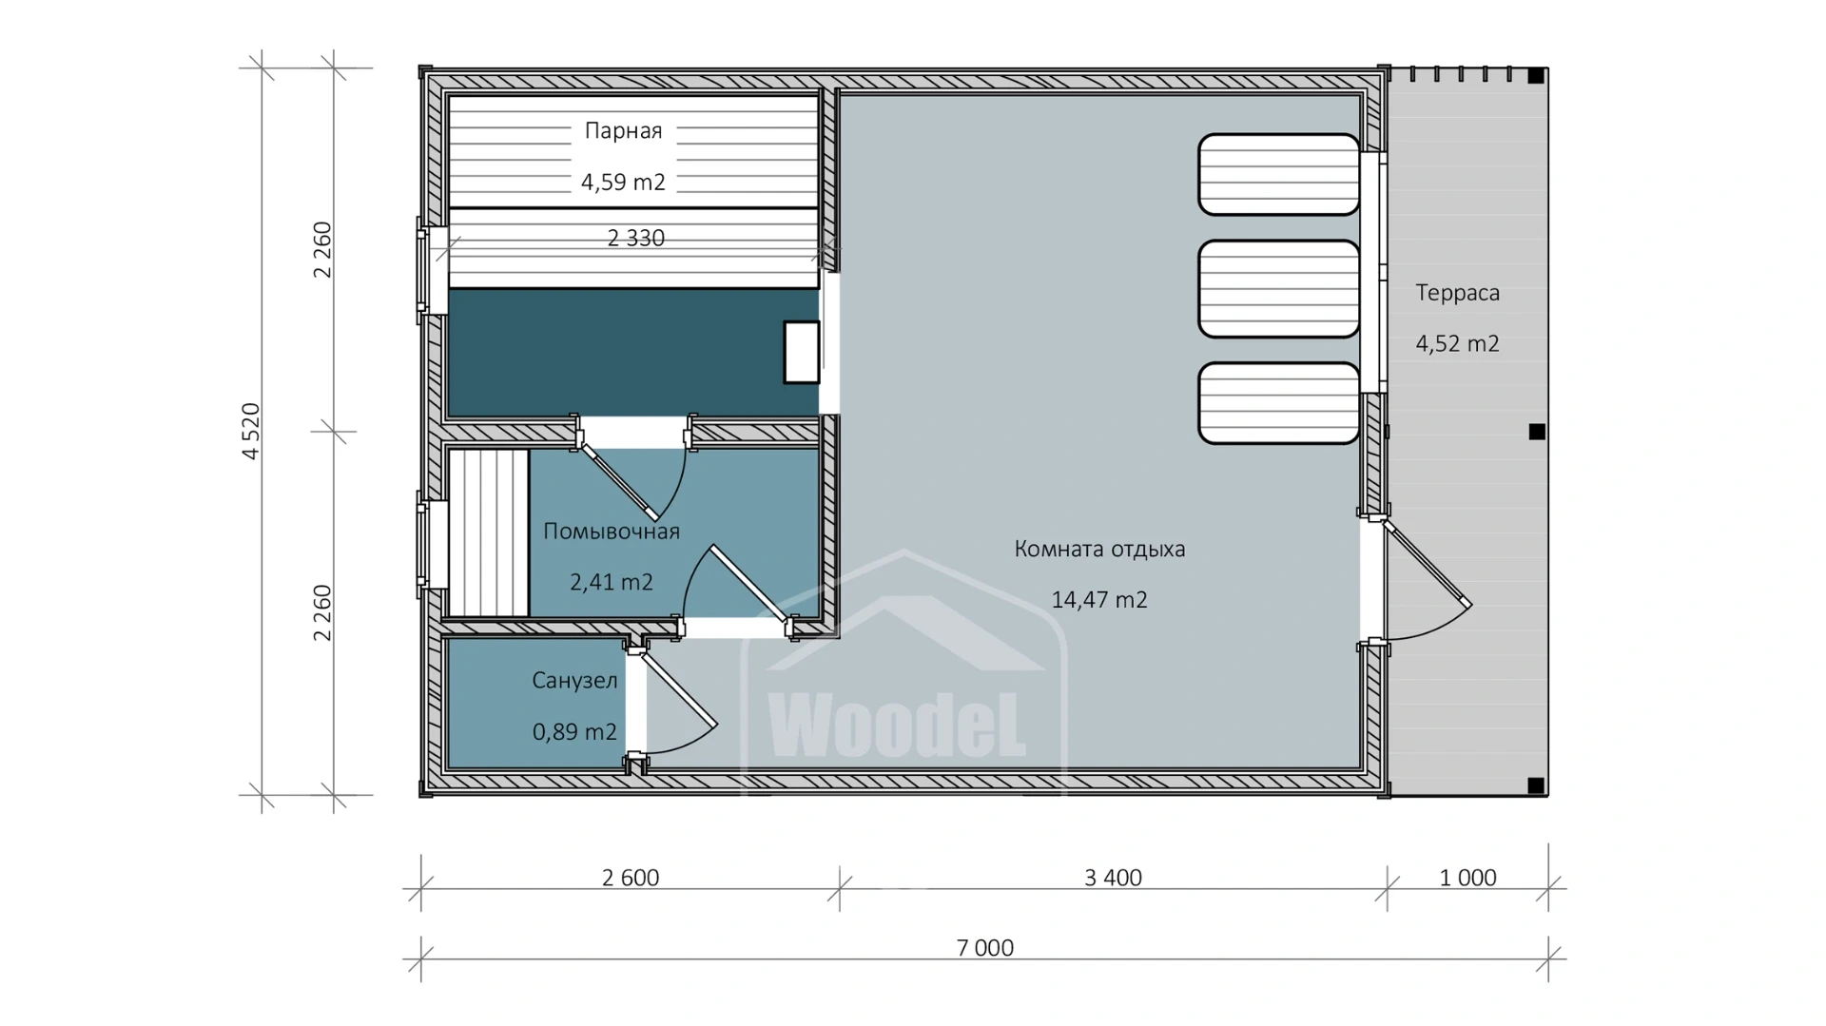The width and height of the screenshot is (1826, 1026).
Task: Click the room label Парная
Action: pyautogui.click(x=623, y=131)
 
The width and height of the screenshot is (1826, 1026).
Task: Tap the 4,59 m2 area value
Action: pyautogui.click(x=623, y=182)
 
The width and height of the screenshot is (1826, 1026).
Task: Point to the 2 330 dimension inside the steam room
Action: pyautogui.click(x=635, y=238)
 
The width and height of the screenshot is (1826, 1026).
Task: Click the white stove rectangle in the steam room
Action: pyautogui.click(x=802, y=352)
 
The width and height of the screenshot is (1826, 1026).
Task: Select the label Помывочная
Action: pyautogui.click(x=612, y=531)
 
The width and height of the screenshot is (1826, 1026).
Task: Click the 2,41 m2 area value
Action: pyautogui.click(x=612, y=582)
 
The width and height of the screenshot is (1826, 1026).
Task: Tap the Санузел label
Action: pyautogui.click(x=574, y=681)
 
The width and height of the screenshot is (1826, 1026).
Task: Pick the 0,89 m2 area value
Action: pyautogui.click(x=574, y=732)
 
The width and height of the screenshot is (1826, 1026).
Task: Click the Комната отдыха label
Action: pyautogui.click(x=1099, y=549)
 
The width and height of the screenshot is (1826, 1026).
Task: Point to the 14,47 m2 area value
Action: pyautogui.click(x=1099, y=600)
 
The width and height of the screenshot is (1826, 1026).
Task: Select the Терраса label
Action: pyautogui.click(x=1457, y=293)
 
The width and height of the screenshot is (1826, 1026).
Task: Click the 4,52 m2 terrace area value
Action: pyautogui.click(x=1457, y=344)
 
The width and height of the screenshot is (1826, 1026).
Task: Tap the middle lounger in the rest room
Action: pyautogui.click(x=1279, y=289)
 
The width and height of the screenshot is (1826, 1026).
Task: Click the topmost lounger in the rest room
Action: pyautogui.click(x=1279, y=175)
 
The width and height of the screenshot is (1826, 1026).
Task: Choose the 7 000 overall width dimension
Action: pyautogui.click(x=984, y=948)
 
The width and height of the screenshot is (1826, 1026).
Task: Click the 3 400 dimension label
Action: pyautogui.click(x=1113, y=878)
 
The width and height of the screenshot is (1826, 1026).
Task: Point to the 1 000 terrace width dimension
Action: pyautogui.click(x=1467, y=878)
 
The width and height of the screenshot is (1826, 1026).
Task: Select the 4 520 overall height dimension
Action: pyautogui.click(x=251, y=432)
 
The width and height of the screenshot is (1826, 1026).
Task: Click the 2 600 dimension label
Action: pyautogui.click(x=631, y=878)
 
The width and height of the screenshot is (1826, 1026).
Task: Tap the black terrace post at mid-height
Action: pyautogui.click(x=1537, y=432)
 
